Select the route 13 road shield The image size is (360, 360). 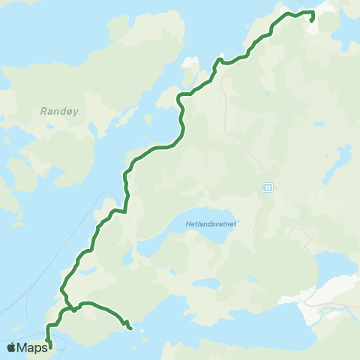pyautogui.click(x=268, y=186)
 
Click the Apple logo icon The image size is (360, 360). pyautogui.click(x=11, y=347)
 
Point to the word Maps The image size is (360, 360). pyautogui.click(x=32, y=347)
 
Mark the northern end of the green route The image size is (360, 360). pyautogui.click(x=311, y=21)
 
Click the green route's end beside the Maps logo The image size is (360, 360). pyautogui.click(x=49, y=346)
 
